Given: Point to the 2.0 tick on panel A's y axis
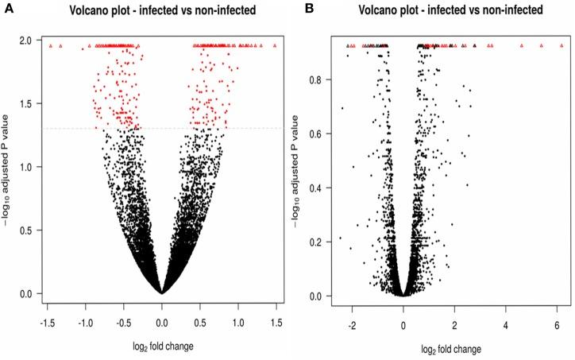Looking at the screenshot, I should [x=26, y=40].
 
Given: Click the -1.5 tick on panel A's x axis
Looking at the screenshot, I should [x=48, y=324].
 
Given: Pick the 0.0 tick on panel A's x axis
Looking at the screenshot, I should [x=162, y=324].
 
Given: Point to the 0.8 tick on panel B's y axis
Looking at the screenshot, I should [x=315, y=80].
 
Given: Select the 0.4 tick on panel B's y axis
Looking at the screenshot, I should [x=315, y=188].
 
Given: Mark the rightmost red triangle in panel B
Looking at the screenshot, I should [x=558, y=46].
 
